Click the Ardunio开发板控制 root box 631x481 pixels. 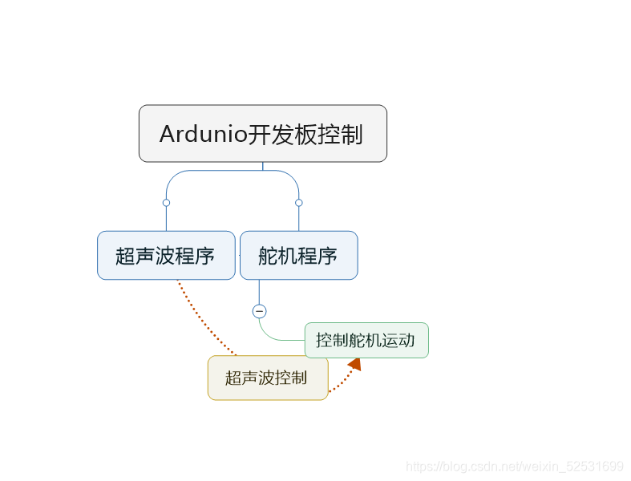262,133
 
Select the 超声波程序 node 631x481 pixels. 166,256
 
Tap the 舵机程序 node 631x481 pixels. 298,256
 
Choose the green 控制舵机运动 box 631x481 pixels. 366,340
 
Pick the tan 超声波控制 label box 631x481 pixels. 267,378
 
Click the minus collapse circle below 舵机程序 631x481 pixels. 259,311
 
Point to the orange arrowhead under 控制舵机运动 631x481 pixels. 354,365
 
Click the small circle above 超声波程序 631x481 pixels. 166,203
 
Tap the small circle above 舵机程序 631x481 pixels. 298,203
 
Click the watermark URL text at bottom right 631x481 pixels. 514,467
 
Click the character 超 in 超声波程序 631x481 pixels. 125,257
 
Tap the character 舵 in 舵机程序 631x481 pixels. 268,257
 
